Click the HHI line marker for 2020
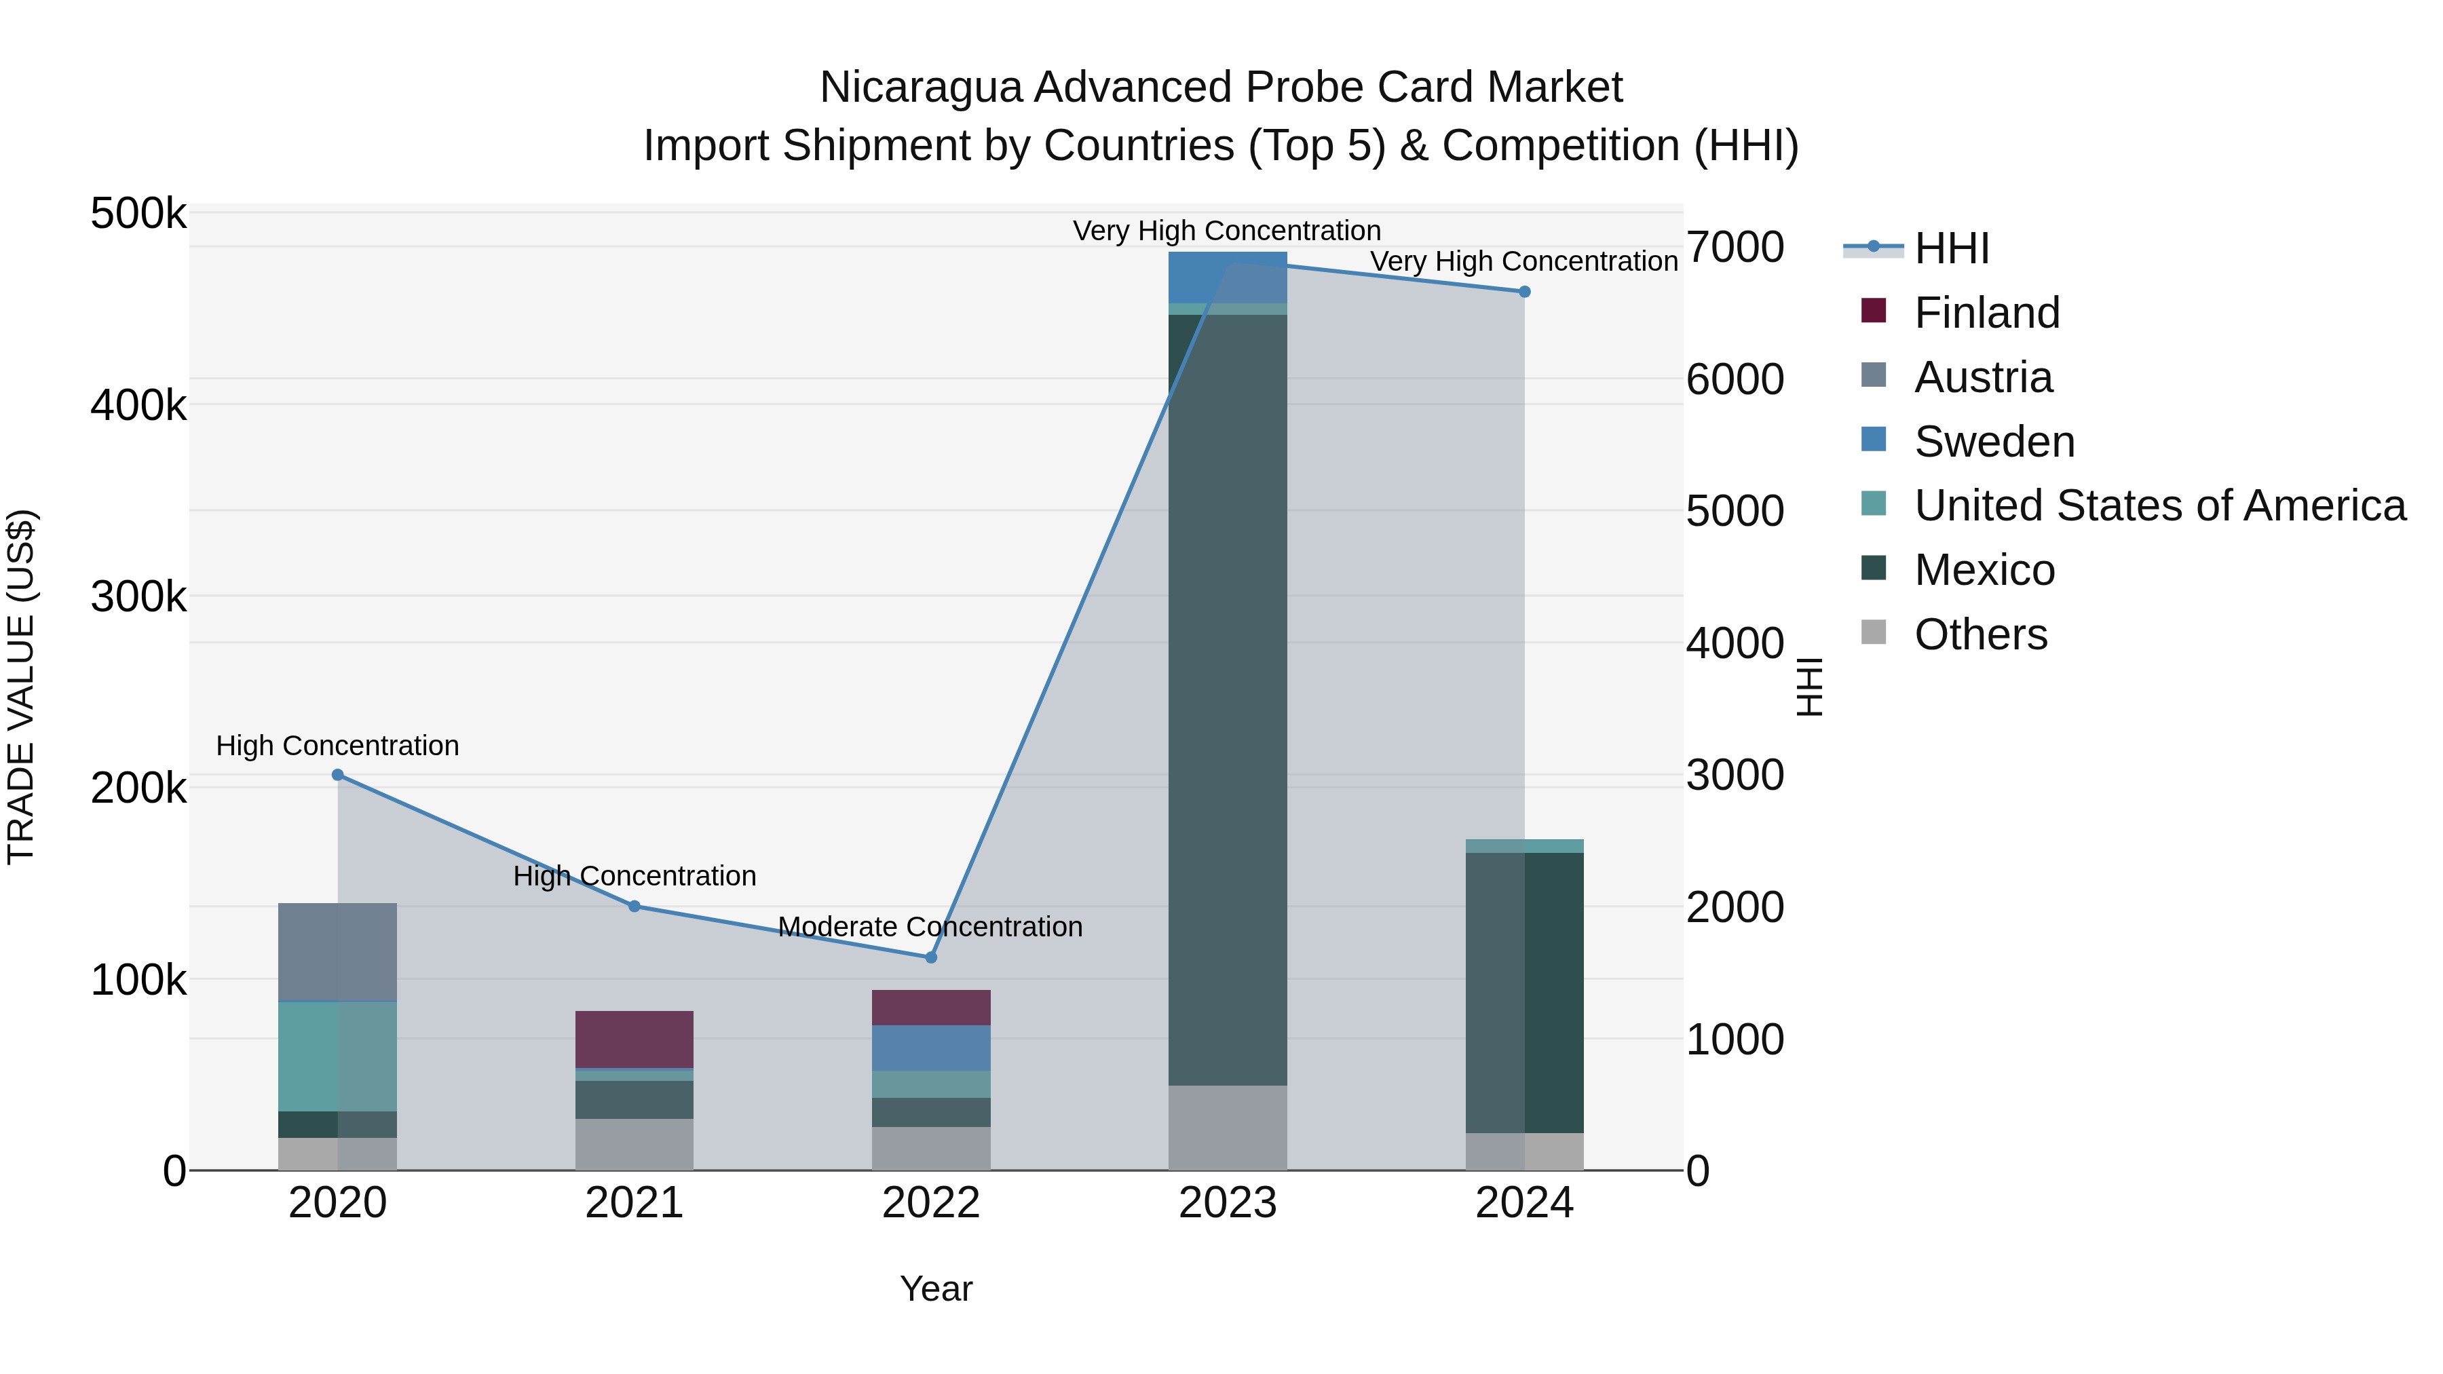tap(338, 775)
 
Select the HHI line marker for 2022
tap(930, 957)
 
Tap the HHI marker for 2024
tap(1524, 292)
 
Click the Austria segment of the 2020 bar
tap(338, 952)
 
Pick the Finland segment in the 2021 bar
tap(634, 1039)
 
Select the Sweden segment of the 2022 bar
tap(930, 1048)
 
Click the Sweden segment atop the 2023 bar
tap(1227, 277)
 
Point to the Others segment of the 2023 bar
tap(1227, 1128)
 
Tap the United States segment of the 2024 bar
tap(1524, 846)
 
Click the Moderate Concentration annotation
tap(930, 926)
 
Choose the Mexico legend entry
tap(1984, 570)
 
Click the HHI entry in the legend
tap(1951, 248)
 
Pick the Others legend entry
tap(1980, 634)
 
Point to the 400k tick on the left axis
tap(138, 406)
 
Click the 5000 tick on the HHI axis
tap(1735, 511)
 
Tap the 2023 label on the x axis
tap(1227, 1203)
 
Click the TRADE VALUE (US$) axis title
tap(21, 687)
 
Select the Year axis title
tap(935, 1289)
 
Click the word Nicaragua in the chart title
tap(920, 88)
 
